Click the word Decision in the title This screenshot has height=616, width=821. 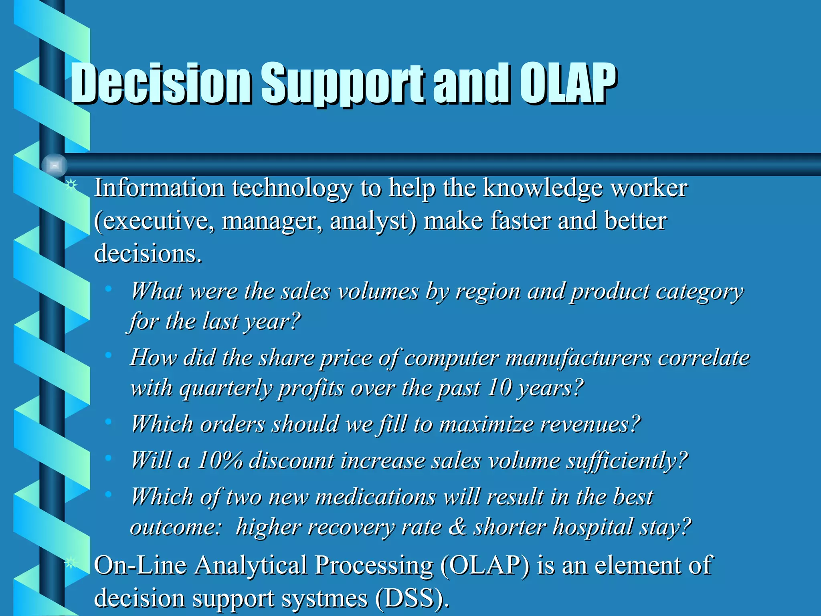[160, 83]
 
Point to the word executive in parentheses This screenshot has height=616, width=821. [154, 221]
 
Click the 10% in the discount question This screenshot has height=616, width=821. [220, 460]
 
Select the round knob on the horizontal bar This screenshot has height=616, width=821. [55, 165]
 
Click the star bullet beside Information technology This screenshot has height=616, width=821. [71, 185]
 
